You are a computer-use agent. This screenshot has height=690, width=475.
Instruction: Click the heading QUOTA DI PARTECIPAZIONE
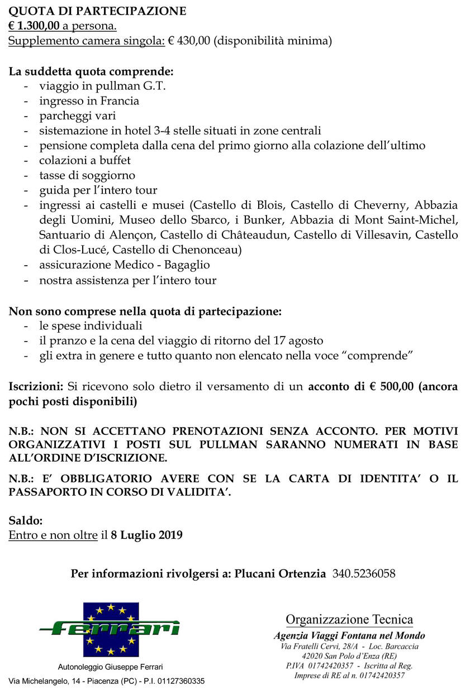tap(98, 11)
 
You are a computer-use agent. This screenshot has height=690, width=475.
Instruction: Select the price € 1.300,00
tap(34, 26)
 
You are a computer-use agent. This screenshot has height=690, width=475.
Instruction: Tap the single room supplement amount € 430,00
tap(192, 41)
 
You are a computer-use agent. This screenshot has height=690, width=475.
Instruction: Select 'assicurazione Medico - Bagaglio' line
tap(125, 265)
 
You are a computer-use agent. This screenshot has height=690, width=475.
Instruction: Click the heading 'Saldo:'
tap(26, 520)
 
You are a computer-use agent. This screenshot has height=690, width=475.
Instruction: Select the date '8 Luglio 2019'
tap(147, 535)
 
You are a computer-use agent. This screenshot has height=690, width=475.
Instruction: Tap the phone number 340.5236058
tap(364, 573)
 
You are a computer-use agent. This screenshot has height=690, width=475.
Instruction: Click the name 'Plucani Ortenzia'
tap(280, 573)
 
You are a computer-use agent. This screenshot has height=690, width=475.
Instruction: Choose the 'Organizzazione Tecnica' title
tap(349, 619)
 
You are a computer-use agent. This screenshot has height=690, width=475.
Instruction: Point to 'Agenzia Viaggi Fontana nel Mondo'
tap(349, 636)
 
